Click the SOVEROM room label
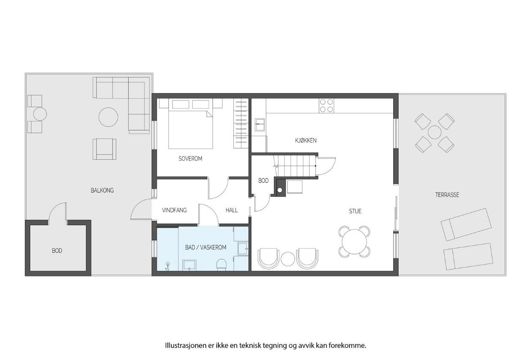(x=190, y=158)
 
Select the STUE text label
(x=355, y=211)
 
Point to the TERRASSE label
(x=447, y=195)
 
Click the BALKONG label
(x=102, y=190)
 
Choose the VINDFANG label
(x=174, y=210)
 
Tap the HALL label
(x=231, y=210)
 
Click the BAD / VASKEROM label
(x=205, y=247)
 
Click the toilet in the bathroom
(x=222, y=264)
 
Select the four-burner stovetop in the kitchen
(x=327, y=105)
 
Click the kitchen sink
(x=260, y=124)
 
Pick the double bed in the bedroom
(x=191, y=129)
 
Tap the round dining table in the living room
(x=354, y=243)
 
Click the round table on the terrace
(x=435, y=132)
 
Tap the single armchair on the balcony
(x=104, y=148)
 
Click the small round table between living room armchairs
(x=287, y=259)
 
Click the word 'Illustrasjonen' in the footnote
(x=182, y=346)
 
